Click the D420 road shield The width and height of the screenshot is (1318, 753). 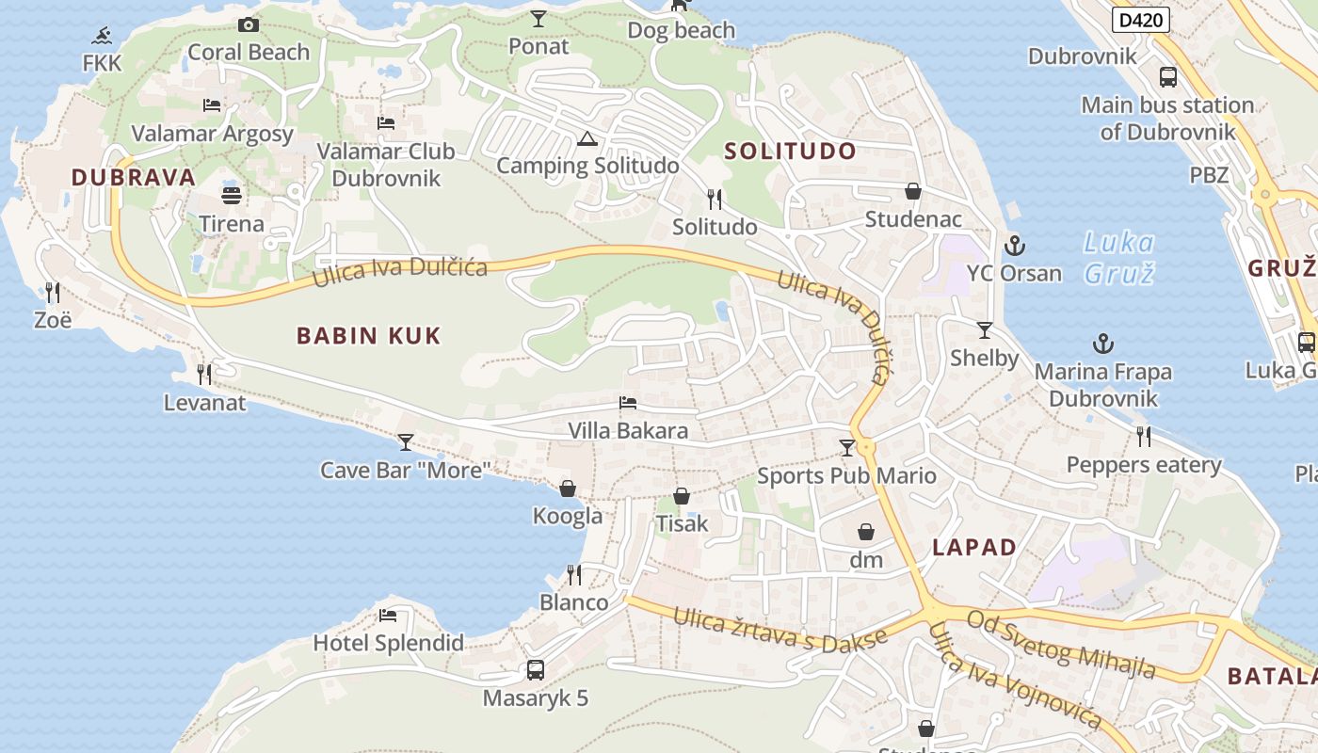[x=1140, y=20]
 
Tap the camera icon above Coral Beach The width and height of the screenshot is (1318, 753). [x=249, y=24]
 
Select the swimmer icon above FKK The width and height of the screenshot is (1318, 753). [x=102, y=37]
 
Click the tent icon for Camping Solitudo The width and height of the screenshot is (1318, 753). [x=587, y=139]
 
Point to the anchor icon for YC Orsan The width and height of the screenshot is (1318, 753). [x=1014, y=247]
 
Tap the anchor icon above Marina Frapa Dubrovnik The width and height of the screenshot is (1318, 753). [x=1102, y=344]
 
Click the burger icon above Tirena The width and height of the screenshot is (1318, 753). [x=232, y=196]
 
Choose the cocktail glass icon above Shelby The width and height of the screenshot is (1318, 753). [x=985, y=330]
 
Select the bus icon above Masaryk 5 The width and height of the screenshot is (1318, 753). [x=536, y=670]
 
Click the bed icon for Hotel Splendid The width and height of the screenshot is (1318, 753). [x=388, y=616]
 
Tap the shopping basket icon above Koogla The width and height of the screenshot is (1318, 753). [x=568, y=489]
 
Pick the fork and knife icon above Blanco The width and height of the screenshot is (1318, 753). [x=574, y=574]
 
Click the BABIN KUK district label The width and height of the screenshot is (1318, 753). [x=368, y=336]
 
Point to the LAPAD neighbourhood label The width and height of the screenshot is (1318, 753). [x=974, y=548]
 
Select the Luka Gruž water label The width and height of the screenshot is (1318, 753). [x=1118, y=258]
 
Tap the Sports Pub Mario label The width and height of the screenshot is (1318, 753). [x=847, y=475]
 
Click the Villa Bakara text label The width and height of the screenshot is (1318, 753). [x=628, y=431]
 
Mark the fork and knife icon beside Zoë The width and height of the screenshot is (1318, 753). [x=53, y=293]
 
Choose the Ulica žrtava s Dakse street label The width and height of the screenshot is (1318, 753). [x=780, y=630]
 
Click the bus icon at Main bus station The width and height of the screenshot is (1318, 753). [x=1168, y=77]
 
